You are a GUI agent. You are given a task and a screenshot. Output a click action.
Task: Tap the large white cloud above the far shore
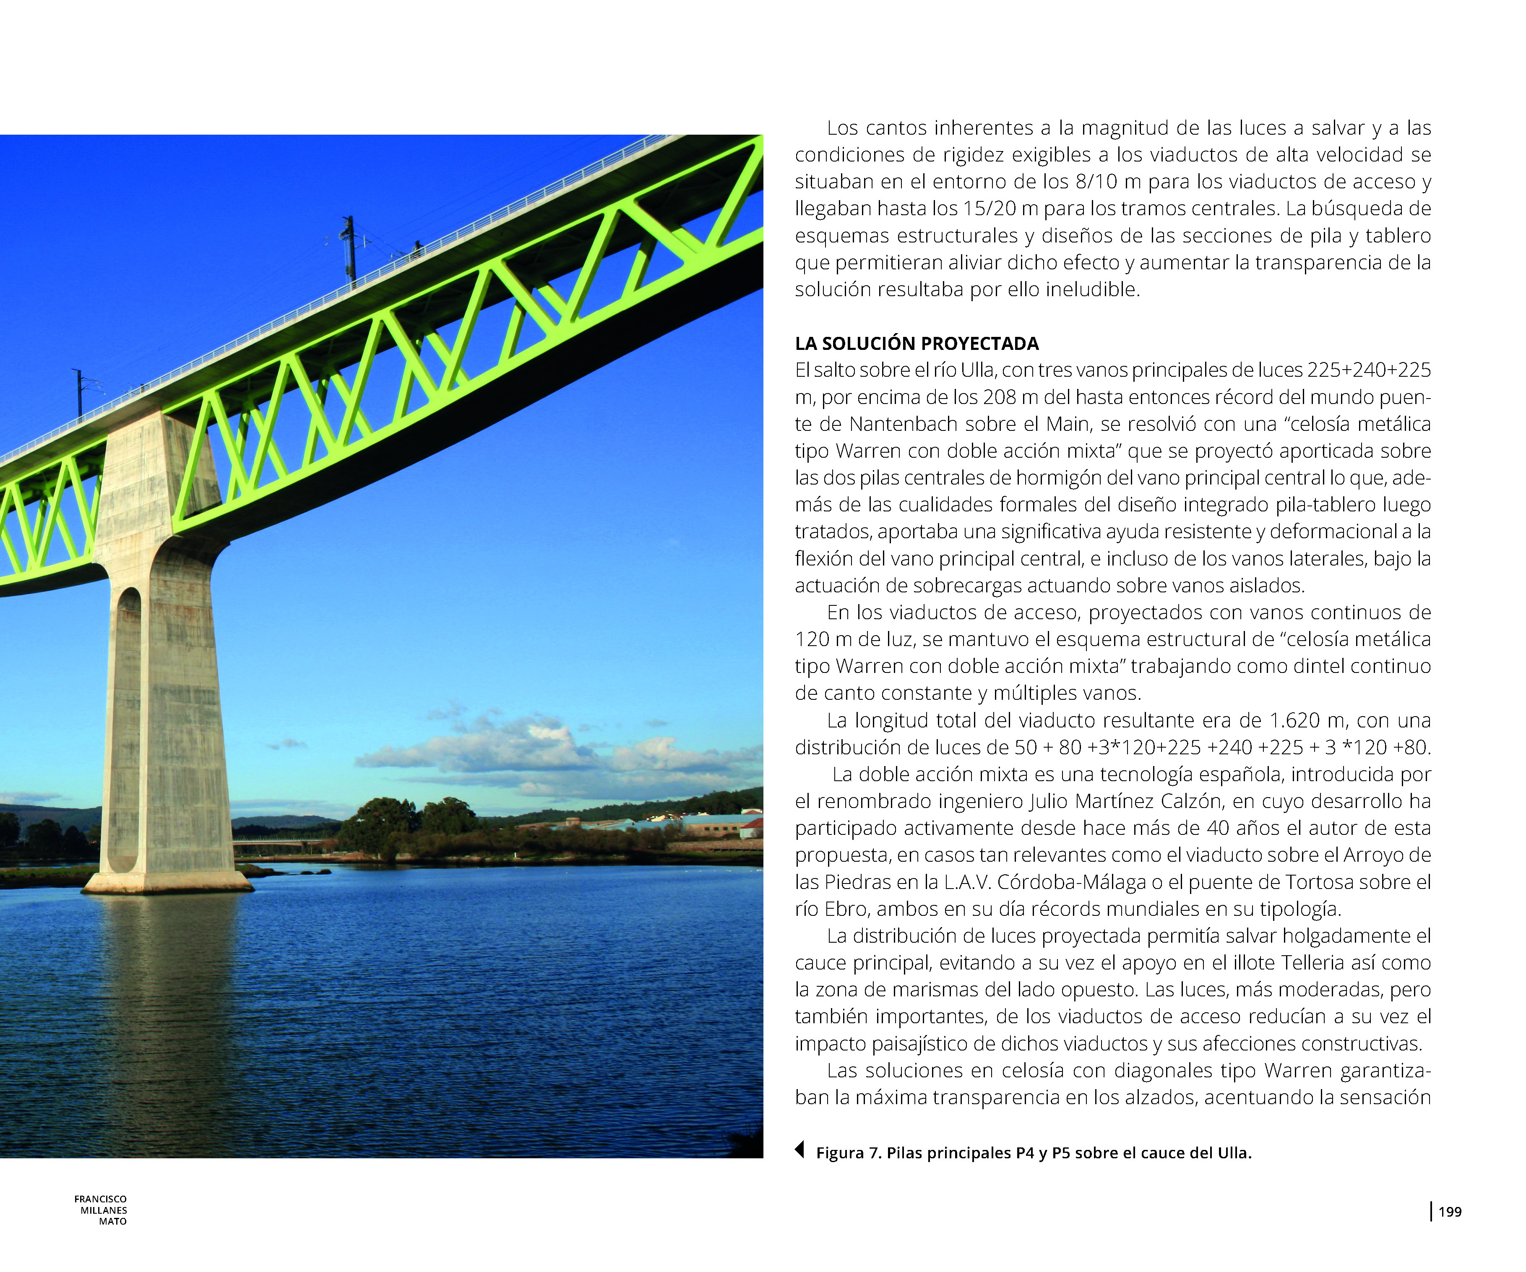[x=509, y=749]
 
